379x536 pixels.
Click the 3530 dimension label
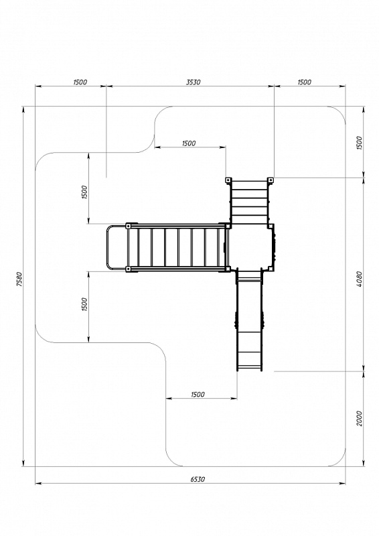point(193,82)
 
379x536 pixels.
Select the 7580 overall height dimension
point(19,279)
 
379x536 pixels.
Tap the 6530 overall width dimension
point(198,479)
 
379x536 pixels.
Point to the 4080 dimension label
point(359,279)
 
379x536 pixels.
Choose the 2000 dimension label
point(359,418)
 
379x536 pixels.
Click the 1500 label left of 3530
point(80,82)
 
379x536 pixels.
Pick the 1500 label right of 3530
point(304,82)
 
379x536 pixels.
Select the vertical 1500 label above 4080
point(359,143)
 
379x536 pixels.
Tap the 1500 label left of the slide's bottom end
point(198,395)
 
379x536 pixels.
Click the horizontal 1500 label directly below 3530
point(189,143)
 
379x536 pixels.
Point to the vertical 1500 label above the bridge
point(84,192)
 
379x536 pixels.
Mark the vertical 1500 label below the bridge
point(84,304)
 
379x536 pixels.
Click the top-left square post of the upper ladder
point(228,180)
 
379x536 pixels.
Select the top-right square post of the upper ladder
point(270,180)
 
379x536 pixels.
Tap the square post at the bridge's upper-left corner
point(129,226)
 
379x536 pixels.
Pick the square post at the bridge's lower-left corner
point(129,269)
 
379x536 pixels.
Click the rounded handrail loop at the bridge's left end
point(107,247)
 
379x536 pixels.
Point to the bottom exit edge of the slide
point(249,368)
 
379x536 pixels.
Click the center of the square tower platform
point(251,247)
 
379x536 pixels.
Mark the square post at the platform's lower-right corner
point(271,269)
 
